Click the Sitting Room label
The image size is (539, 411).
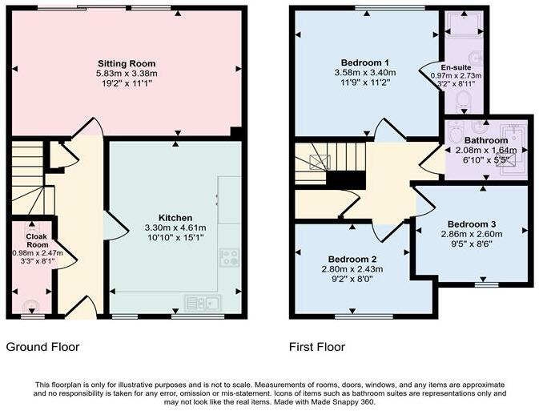point(127,63)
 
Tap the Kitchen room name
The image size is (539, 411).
point(175,218)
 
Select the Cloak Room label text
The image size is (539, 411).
point(37,240)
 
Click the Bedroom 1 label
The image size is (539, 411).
point(364,62)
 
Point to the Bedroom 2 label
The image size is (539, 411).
point(352,260)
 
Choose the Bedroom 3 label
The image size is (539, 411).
point(471,224)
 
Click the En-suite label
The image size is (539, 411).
point(456,67)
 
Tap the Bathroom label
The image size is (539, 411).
point(485,140)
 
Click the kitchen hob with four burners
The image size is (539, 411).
point(229,257)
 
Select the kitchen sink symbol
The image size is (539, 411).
point(203,303)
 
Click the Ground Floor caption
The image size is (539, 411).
point(42,347)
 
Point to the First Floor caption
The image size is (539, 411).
point(316,347)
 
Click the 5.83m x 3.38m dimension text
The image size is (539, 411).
point(127,73)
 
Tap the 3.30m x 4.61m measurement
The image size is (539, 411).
point(175,228)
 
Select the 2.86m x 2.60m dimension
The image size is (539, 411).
point(471,234)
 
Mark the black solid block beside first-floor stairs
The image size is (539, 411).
point(345,180)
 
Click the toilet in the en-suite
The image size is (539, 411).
point(464,100)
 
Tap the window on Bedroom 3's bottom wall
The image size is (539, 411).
point(487,284)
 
